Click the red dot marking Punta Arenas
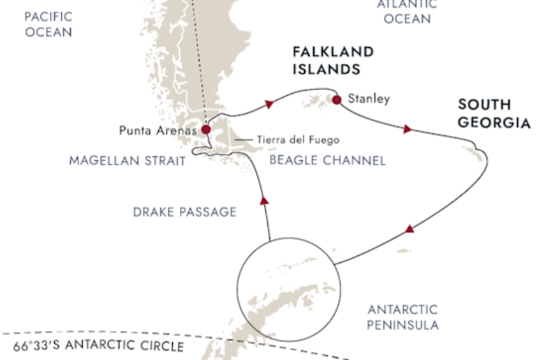tap(205, 129)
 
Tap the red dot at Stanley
tap(337, 100)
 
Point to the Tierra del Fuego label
tap(298, 139)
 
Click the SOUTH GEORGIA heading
tap(494, 114)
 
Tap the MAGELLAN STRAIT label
tap(127, 161)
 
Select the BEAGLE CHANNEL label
tap(326, 161)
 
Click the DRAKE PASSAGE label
tap(185, 212)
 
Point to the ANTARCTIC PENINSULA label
tap(403, 317)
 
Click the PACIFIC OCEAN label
tap(49, 24)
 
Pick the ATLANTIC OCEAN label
tap(407, 11)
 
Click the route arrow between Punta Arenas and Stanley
tap(268, 104)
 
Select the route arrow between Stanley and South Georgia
tap(407, 129)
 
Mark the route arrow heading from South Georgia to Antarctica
tap(410, 229)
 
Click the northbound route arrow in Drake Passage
tap(263, 200)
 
